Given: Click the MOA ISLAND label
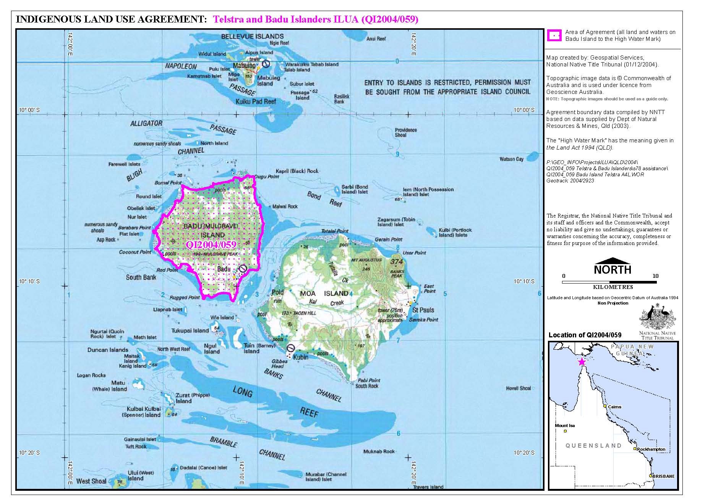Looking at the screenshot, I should (324, 293).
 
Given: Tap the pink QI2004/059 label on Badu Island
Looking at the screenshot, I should (211, 245).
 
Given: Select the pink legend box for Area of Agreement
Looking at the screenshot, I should (554, 35).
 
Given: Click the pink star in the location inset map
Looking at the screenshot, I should (582, 361).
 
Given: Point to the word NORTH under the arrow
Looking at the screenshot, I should (612, 269).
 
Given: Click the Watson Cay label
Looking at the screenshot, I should (511, 159).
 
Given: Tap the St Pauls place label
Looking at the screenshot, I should (423, 310).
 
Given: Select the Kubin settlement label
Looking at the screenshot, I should (301, 357).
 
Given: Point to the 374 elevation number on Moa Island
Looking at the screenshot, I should (397, 262).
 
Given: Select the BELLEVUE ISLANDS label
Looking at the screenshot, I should (253, 36).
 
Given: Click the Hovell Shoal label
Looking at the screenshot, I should (518, 388).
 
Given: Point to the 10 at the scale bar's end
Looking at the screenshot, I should (655, 276).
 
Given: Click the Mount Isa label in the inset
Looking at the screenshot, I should (565, 425).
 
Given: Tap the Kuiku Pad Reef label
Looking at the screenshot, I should (256, 102).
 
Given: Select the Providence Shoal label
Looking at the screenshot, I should (405, 132).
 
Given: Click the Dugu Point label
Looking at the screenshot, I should (266, 177).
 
